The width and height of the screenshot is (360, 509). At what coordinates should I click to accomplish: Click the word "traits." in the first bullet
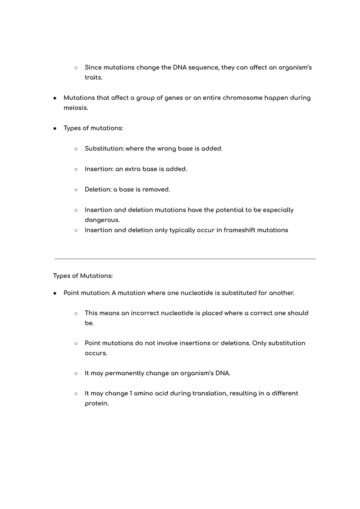point(93,77)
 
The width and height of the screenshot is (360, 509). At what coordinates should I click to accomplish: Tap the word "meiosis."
point(76,108)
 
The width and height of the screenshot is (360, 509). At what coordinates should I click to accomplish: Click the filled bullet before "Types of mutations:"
point(55,128)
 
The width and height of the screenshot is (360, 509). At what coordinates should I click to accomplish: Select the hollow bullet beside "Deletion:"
point(76,190)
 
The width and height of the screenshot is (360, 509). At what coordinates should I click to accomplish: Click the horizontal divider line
point(185,259)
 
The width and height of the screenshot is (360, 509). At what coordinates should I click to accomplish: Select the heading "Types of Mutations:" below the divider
point(83,276)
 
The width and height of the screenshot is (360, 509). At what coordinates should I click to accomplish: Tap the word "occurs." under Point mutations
point(96,353)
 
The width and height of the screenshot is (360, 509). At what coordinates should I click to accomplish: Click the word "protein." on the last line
point(97,404)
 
